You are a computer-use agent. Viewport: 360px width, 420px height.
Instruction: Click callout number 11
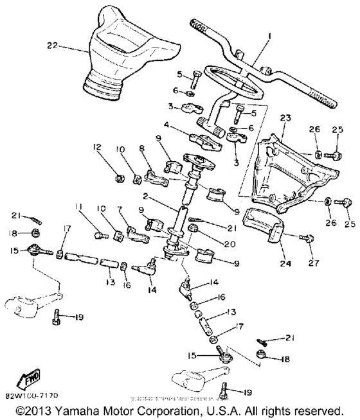pyautogui.click(x=78, y=206)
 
